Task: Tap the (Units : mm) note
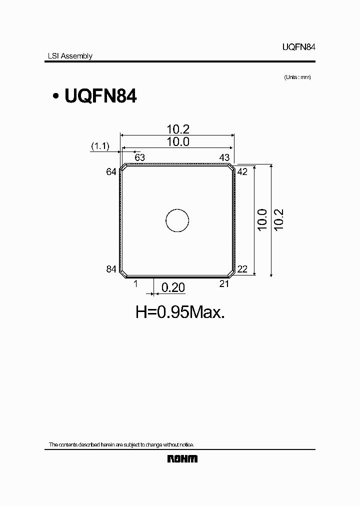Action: point(297,77)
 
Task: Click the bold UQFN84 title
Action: point(100,96)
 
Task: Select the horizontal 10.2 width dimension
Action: point(178,129)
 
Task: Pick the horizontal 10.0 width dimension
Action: point(178,141)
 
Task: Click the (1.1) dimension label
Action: point(100,145)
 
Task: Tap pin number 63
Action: point(139,157)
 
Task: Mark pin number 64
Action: point(111,171)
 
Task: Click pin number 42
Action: point(242,171)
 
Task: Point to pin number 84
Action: point(111,269)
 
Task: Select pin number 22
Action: point(242,269)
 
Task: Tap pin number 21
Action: point(224,284)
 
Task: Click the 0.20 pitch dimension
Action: point(172,287)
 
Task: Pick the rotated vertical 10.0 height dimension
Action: point(262,220)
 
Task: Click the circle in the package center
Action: point(177,220)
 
